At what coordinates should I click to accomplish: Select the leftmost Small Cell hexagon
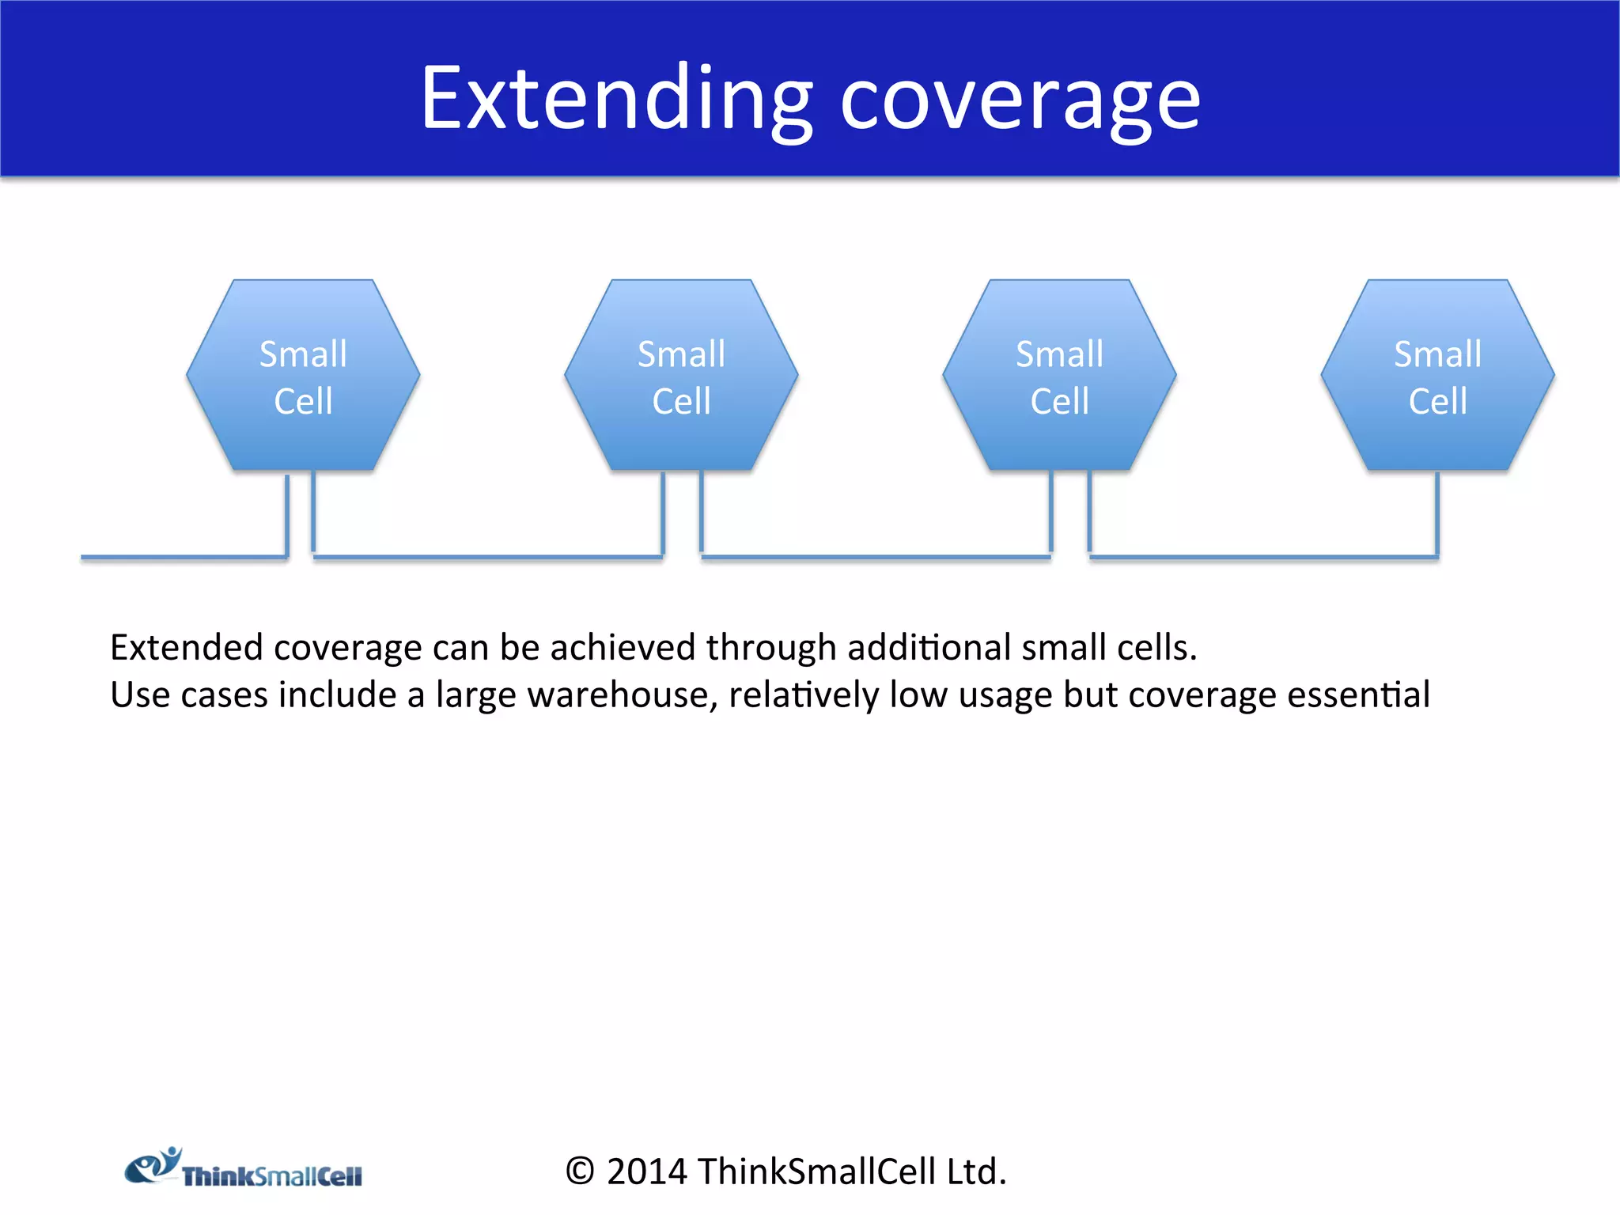coord(303,376)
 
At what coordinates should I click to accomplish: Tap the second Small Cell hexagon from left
coord(681,376)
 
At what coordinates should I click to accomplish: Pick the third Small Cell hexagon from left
coord(1059,376)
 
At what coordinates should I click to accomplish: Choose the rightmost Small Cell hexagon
coord(1437,376)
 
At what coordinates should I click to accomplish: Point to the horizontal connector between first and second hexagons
coord(487,557)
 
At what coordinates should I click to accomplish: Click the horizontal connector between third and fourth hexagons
coord(1263,557)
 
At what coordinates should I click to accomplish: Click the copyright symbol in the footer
coord(579,1171)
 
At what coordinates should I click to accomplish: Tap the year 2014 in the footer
coord(646,1171)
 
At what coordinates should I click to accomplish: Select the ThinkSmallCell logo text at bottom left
coord(271,1176)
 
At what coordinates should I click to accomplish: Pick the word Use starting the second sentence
coord(139,695)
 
